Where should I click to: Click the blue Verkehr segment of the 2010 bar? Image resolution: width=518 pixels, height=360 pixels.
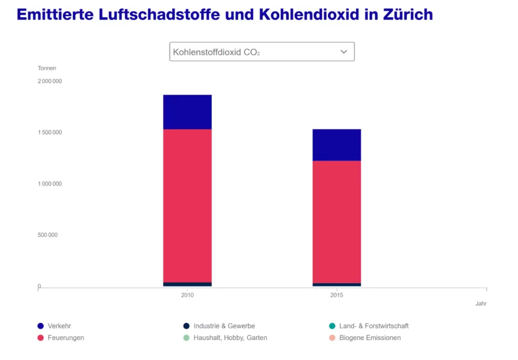(x=187, y=112)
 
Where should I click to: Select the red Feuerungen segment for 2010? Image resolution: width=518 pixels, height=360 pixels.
(x=187, y=205)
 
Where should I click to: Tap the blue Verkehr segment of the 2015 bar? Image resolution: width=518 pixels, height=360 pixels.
(x=336, y=145)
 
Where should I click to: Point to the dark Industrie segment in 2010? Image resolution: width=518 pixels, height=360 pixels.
(x=187, y=285)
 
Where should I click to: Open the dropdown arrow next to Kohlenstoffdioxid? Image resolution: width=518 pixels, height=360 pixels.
(x=343, y=52)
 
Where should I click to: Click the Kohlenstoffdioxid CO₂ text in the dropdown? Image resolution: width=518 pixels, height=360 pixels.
(x=217, y=52)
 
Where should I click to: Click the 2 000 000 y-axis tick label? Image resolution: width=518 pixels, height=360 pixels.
(x=50, y=81)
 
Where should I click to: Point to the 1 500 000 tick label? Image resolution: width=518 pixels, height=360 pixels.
(x=50, y=133)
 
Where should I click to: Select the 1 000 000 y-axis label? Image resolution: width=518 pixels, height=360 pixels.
(x=50, y=184)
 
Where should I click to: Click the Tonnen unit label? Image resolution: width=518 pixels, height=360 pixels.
(x=47, y=68)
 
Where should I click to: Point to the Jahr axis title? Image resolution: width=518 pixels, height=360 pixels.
(x=481, y=304)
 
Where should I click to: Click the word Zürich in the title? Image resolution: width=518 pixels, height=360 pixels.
(x=408, y=14)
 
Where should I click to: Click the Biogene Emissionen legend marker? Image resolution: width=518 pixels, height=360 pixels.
(x=332, y=338)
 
